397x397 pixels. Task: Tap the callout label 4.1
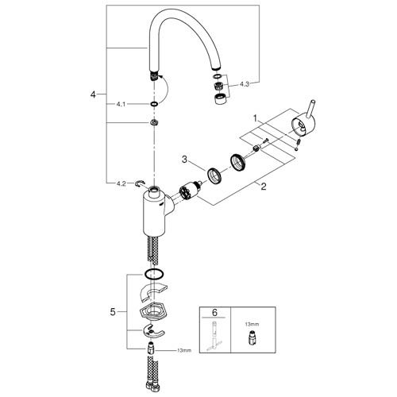120,104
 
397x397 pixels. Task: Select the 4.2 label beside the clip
121,183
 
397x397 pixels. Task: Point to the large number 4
93,94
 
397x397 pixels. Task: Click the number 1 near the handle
255,118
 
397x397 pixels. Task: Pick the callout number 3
184,160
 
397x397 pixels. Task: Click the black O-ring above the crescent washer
156,275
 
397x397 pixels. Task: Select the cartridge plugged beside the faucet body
187,193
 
